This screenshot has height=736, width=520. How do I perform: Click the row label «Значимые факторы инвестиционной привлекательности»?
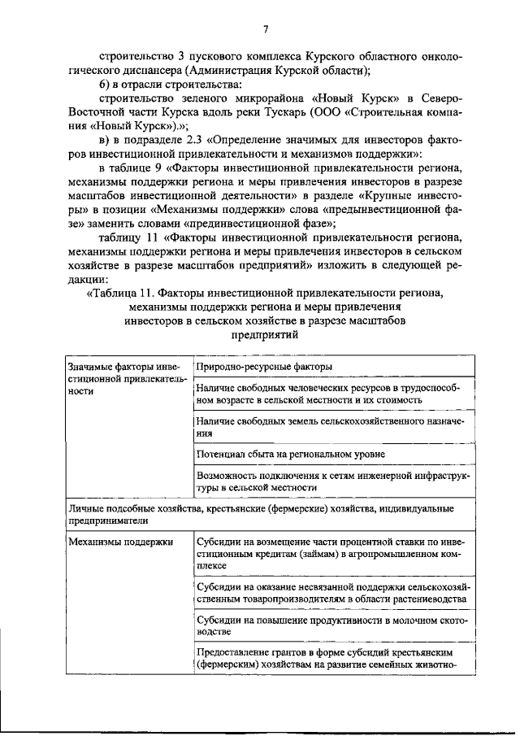click(x=126, y=379)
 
